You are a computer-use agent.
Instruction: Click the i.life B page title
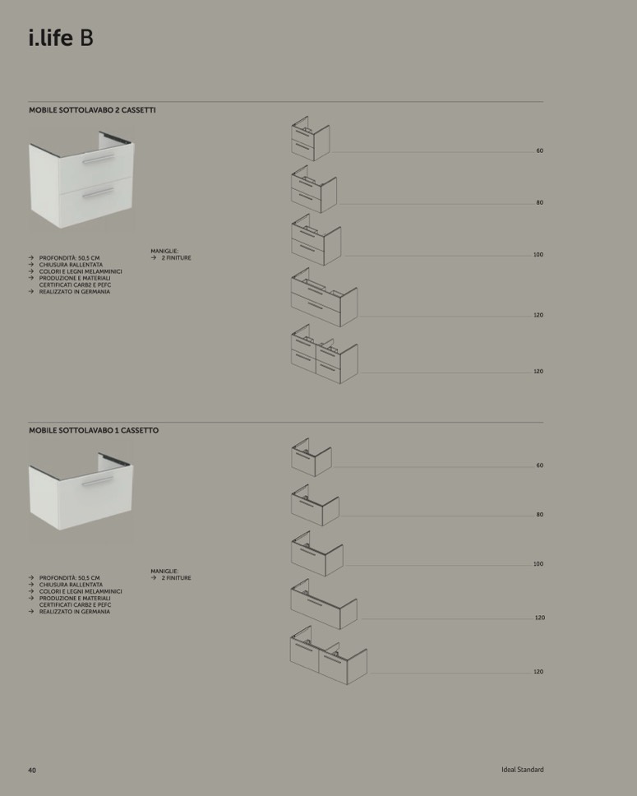click(x=61, y=38)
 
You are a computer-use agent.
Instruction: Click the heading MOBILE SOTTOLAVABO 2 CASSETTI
click(x=92, y=110)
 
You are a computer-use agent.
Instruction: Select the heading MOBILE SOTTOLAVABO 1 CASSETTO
click(x=94, y=431)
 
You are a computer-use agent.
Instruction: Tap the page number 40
click(x=32, y=771)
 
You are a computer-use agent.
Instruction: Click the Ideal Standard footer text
click(x=522, y=770)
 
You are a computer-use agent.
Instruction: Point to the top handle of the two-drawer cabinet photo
click(x=99, y=159)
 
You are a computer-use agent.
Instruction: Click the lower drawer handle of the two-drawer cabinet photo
click(x=99, y=193)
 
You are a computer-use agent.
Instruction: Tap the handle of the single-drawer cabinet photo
click(x=98, y=481)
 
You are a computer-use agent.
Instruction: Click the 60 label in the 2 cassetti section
click(x=539, y=150)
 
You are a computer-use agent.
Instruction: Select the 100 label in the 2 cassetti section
click(x=538, y=255)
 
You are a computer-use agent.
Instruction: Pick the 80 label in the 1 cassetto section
click(x=539, y=515)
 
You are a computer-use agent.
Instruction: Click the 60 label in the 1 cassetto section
click(x=539, y=465)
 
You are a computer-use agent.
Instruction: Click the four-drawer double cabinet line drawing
click(x=325, y=354)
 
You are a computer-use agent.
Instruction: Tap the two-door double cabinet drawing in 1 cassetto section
click(x=329, y=655)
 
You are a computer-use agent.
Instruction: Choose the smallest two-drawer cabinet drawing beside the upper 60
click(x=310, y=139)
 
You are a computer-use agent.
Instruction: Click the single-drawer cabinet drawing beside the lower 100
click(x=316, y=554)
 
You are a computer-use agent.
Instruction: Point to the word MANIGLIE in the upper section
click(x=164, y=252)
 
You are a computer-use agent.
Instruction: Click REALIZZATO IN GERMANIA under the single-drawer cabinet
click(x=75, y=612)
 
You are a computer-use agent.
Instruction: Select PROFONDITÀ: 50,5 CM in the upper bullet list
click(x=70, y=258)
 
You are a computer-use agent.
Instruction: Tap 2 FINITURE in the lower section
click(x=177, y=578)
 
